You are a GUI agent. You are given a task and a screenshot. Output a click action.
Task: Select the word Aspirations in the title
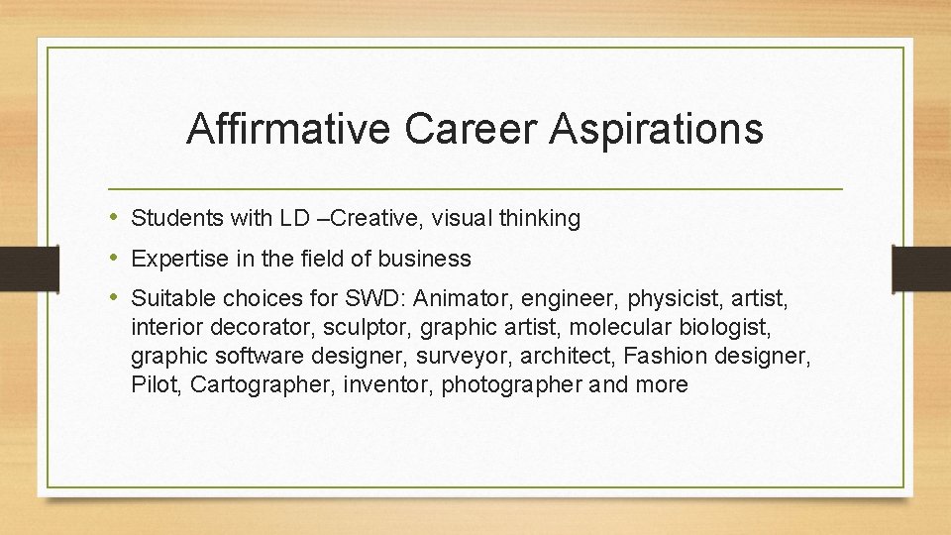pos(659,130)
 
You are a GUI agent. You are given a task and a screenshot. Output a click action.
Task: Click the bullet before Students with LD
pos(114,218)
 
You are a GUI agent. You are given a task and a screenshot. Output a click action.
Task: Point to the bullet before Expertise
pos(114,259)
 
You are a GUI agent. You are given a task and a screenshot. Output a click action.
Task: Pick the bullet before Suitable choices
pos(114,297)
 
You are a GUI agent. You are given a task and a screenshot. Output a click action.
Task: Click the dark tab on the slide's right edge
pos(920,267)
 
